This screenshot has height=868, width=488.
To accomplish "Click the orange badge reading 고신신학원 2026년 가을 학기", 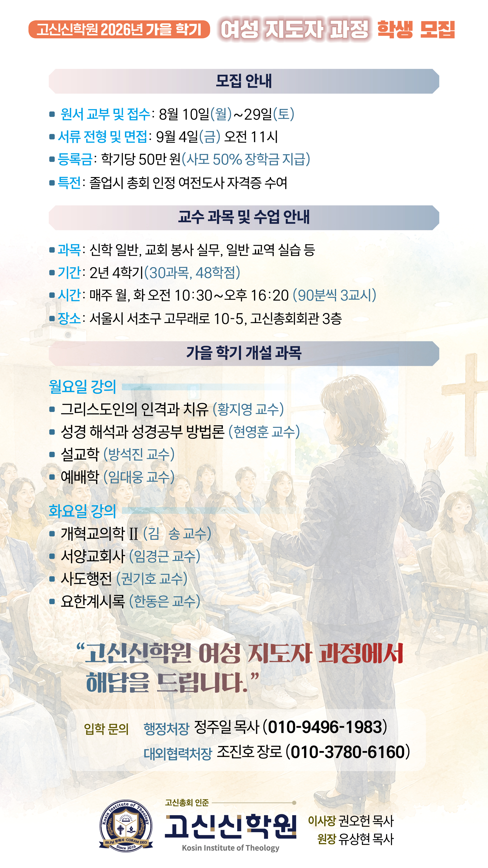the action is (119, 29).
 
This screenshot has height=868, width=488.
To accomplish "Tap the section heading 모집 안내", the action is (244, 81).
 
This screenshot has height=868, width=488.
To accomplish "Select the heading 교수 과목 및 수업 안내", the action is (244, 217).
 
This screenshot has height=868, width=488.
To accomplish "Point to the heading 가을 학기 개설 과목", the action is (244, 353).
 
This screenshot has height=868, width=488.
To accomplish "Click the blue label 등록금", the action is (75, 159).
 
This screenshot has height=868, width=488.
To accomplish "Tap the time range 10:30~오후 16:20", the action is (231, 296).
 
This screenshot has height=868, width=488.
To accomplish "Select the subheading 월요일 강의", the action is (82, 386).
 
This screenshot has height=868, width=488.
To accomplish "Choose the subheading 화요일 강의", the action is (82, 511).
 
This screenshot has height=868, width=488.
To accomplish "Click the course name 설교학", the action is (80, 455).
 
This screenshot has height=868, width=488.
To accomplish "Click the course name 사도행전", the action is (86, 579).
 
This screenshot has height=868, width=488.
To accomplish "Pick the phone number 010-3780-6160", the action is (348, 752).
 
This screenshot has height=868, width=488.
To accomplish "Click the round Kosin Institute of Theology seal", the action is (126, 826).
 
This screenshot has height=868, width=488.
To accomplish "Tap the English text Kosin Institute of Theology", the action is (231, 848).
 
